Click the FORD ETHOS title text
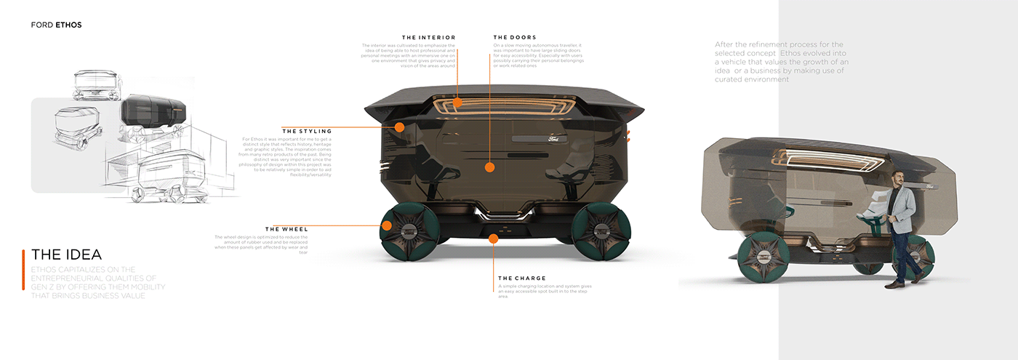[56, 25]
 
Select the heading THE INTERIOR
[428, 37]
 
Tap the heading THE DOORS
[514, 37]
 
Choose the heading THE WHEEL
[286, 229]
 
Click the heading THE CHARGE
[521, 278]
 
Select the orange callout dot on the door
[489, 167]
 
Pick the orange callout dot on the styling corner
[399, 127]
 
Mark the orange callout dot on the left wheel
[387, 226]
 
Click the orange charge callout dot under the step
[494, 238]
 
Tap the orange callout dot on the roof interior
[457, 103]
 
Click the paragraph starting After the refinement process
[782, 62]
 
